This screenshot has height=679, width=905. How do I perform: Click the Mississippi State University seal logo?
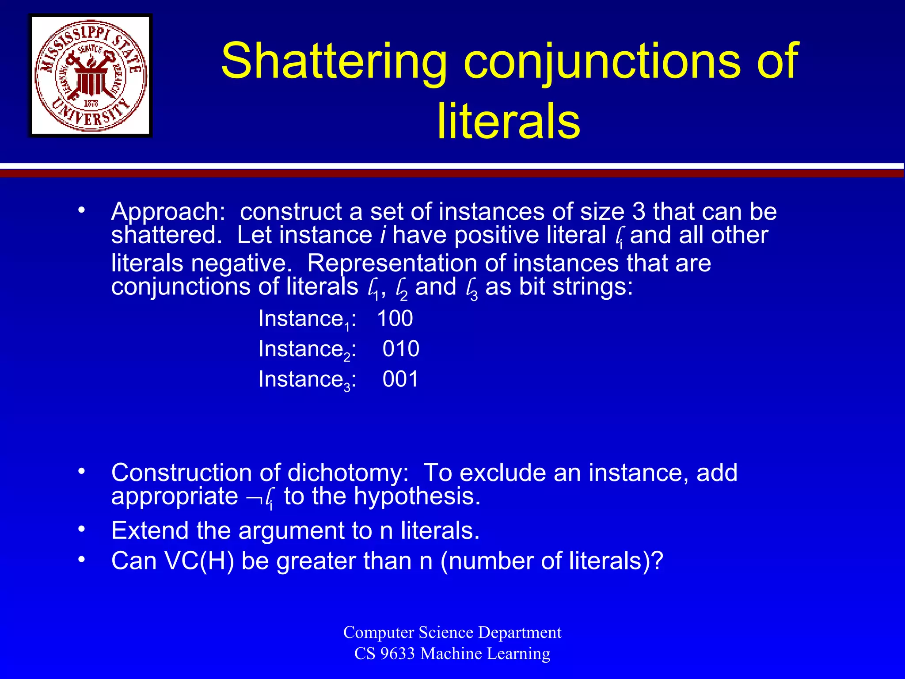point(91,76)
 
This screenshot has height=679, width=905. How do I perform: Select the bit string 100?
point(395,318)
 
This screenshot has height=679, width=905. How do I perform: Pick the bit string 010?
point(401,349)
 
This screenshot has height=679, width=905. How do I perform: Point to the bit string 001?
point(400,379)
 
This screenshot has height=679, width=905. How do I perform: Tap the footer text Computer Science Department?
point(452,632)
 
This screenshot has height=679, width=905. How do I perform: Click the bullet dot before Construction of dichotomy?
point(81,471)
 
